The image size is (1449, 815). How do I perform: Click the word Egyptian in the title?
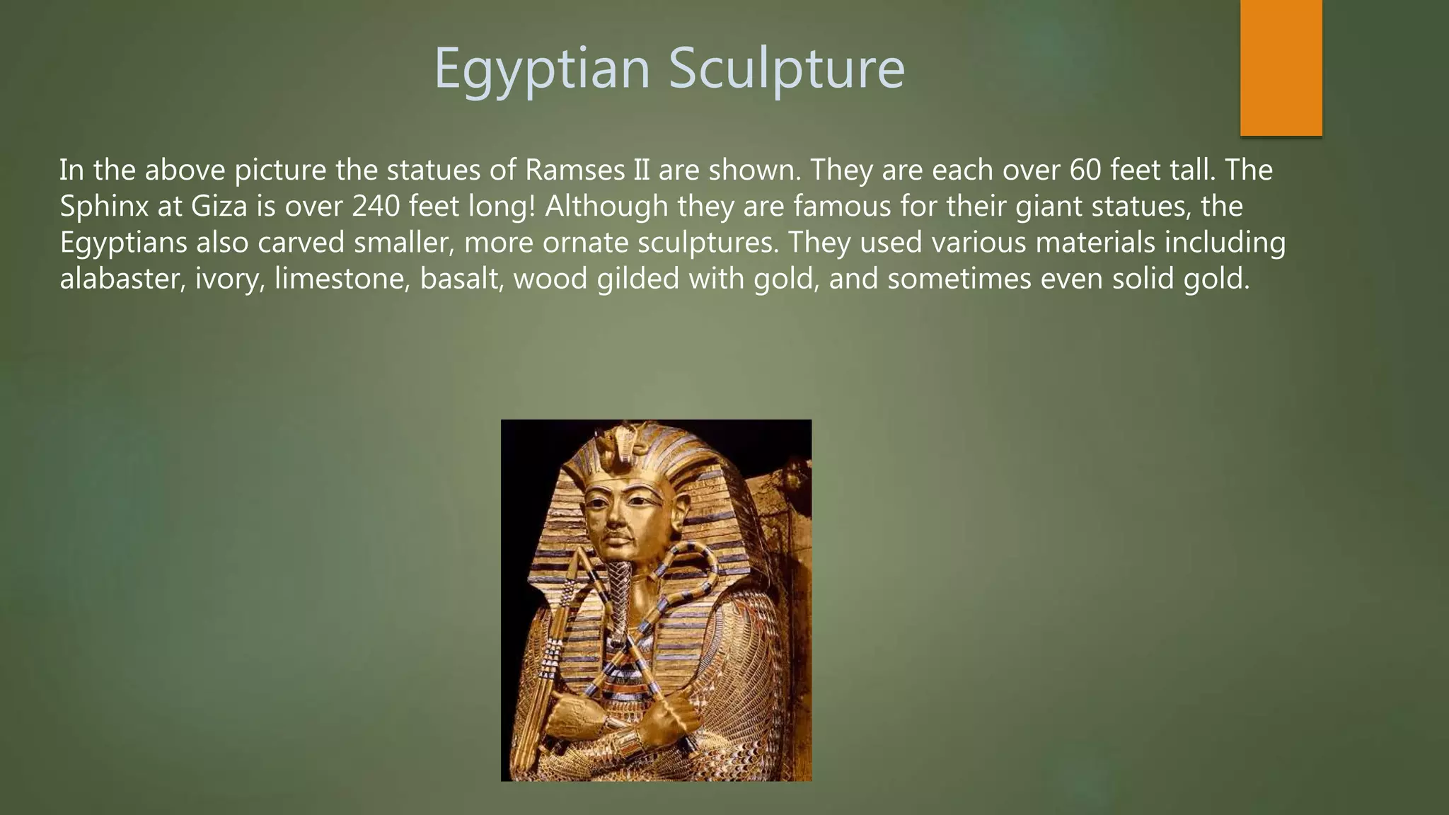[541, 69]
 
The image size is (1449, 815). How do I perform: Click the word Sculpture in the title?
[786, 69]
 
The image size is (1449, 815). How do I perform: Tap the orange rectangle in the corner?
[1281, 67]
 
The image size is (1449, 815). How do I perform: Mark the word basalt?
[461, 279]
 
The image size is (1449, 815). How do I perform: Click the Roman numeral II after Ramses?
[639, 170]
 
